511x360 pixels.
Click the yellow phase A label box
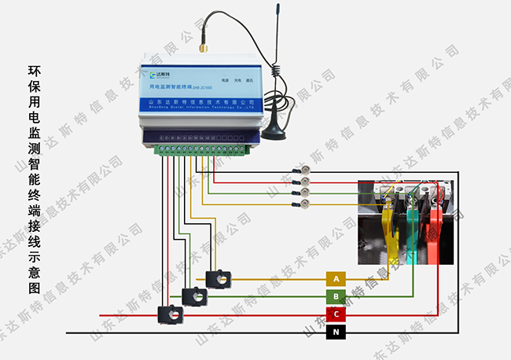click(336, 279)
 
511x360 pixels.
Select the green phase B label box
click(336, 296)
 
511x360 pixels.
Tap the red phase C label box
click(336, 314)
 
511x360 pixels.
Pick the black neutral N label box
click(336, 332)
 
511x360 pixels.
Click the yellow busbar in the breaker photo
click(388, 228)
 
